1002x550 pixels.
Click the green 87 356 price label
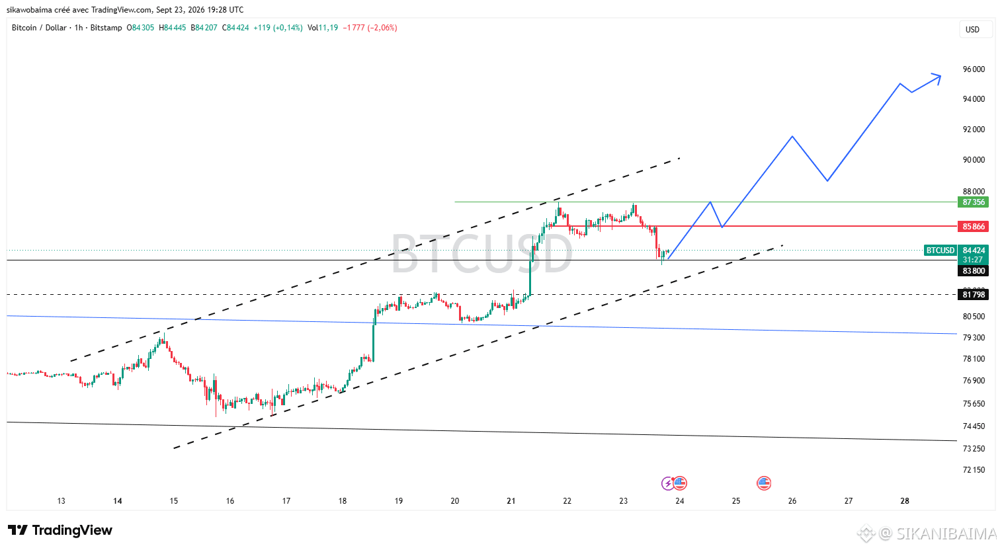pyautogui.click(x=974, y=202)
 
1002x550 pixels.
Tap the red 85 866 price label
pyautogui.click(x=974, y=226)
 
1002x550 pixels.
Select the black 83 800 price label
pyautogui.click(x=974, y=270)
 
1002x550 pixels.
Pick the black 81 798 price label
pyautogui.click(x=974, y=295)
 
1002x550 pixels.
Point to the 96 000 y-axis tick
pyautogui.click(x=974, y=69)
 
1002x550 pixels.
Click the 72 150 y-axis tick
pyautogui.click(x=974, y=470)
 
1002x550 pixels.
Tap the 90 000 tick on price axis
pyautogui.click(x=974, y=160)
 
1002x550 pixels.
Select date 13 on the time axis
pyautogui.click(x=62, y=501)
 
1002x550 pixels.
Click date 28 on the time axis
pyautogui.click(x=905, y=501)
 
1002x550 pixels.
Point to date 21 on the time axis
pyautogui.click(x=511, y=501)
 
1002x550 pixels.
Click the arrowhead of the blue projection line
pyautogui.click(x=938, y=77)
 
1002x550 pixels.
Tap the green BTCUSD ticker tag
pyautogui.click(x=940, y=251)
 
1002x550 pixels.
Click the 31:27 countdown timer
pyautogui.click(x=972, y=260)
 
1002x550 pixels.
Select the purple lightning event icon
pyautogui.click(x=668, y=483)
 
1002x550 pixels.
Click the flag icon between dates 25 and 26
pyautogui.click(x=764, y=483)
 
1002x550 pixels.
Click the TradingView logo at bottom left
pyautogui.click(x=60, y=530)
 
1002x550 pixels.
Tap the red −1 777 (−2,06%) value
pyautogui.click(x=370, y=28)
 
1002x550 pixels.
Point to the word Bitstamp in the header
pyautogui.click(x=106, y=28)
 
